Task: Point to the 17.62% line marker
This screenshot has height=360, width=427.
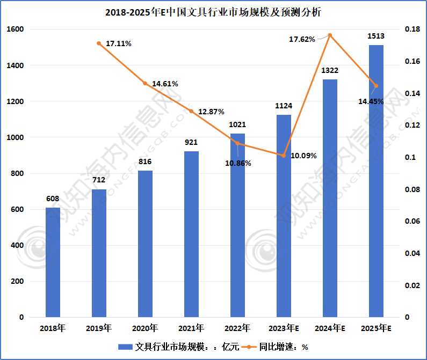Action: pos(330,35)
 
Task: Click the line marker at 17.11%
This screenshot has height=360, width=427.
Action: pos(99,43)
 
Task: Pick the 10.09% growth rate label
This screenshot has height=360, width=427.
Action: pos(303,156)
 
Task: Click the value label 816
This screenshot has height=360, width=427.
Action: pos(145,161)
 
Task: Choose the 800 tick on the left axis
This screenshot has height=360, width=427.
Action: pos(17,173)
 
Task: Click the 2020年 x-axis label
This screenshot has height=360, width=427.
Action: pos(145,328)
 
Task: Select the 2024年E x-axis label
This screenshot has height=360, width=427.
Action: pos(330,328)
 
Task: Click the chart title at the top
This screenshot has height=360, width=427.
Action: pos(213,12)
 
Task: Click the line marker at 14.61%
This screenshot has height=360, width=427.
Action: pos(145,83)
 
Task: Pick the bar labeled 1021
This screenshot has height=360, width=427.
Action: pos(237,225)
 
